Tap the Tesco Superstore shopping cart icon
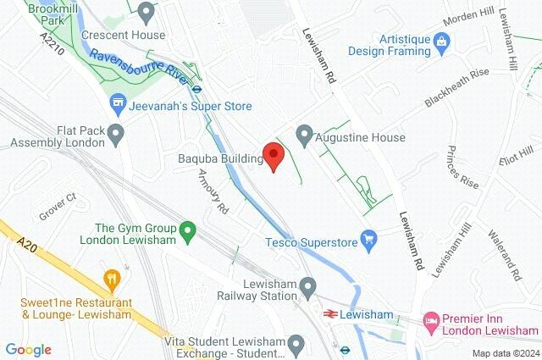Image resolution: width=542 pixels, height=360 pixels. coord(368,241)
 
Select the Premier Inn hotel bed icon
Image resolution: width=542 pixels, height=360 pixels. coord(431,320)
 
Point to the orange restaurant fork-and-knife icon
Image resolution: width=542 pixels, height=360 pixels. coord(110,279)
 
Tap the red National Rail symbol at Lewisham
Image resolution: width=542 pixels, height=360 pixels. coord(329,314)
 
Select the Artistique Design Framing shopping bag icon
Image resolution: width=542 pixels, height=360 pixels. coord(440,40)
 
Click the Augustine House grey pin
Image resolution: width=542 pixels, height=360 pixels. coord(304,136)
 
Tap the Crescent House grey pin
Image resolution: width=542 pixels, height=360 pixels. coord(146,13)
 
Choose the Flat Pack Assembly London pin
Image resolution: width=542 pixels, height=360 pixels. coord(116,134)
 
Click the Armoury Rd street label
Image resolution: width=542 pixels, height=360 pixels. coord(213,191)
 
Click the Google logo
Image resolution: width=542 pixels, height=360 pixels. coord(28,349)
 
